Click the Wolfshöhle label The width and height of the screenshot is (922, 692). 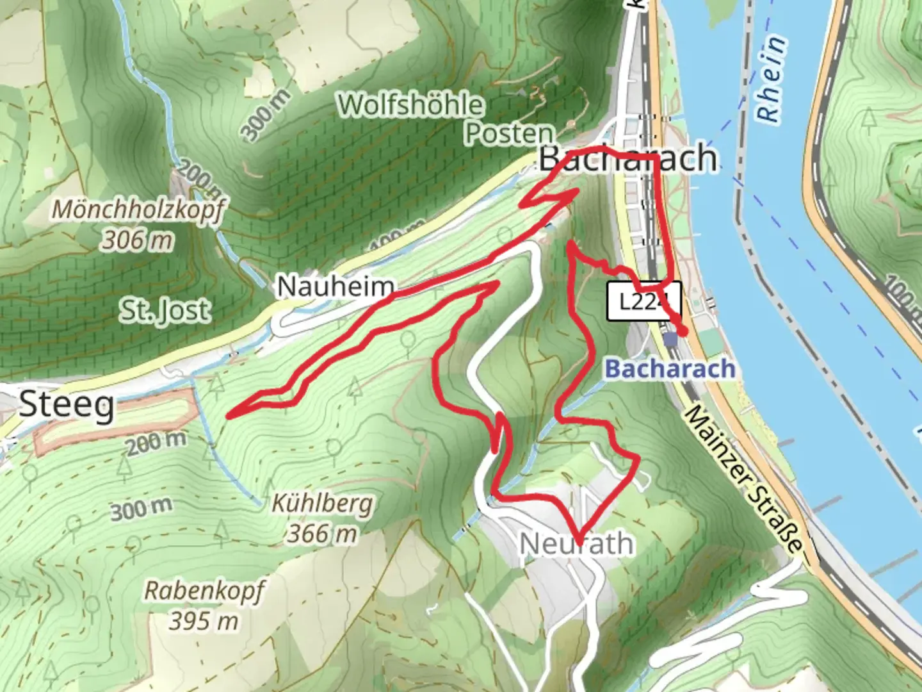click(x=410, y=104)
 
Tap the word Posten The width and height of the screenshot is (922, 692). click(x=509, y=133)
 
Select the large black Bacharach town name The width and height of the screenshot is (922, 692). click(x=627, y=158)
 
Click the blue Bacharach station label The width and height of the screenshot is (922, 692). click(x=670, y=369)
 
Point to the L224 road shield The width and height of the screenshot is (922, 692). click(x=643, y=301)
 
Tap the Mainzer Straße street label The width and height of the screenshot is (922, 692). click(x=743, y=479)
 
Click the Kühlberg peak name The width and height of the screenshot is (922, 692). click(x=322, y=504)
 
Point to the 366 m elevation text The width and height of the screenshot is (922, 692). click(x=321, y=532)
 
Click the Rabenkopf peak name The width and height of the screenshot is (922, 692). click(x=204, y=591)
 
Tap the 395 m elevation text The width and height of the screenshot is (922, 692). click(x=204, y=620)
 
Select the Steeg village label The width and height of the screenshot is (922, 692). click(x=67, y=405)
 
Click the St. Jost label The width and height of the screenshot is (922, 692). click(x=165, y=311)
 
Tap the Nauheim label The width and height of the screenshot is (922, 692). click(x=336, y=286)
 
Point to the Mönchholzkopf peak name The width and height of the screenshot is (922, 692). click(x=138, y=210)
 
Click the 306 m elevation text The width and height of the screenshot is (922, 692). click(x=138, y=240)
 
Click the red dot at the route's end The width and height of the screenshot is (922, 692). click(x=683, y=331)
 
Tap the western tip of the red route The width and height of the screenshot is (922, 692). click(x=229, y=417)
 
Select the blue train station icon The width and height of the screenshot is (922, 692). click(x=670, y=339)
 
